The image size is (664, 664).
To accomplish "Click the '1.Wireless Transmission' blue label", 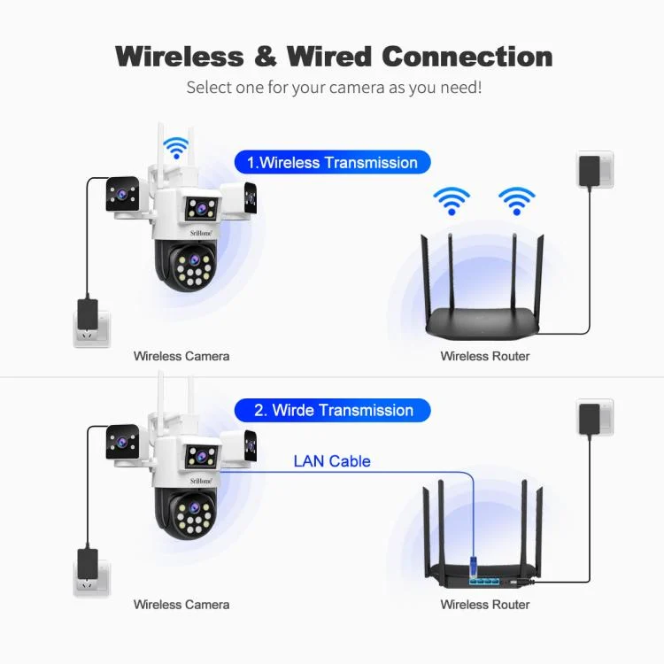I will (x=332, y=163).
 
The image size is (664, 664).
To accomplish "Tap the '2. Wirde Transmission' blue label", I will (x=332, y=411).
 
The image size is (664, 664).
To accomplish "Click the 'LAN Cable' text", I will (x=332, y=461).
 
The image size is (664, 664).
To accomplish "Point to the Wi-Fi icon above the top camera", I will (x=178, y=147).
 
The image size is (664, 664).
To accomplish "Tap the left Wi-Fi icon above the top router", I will (x=452, y=200).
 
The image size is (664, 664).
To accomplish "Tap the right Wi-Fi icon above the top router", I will (x=516, y=200).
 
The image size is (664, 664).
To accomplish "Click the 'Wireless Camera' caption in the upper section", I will (x=181, y=356).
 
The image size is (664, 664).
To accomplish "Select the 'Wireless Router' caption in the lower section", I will (x=485, y=605).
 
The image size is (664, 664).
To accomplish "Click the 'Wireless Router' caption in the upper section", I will (x=485, y=356).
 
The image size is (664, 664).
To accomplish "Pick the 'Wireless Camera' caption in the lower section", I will (x=181, y=605).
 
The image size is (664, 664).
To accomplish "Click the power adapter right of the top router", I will (x=590, y=170).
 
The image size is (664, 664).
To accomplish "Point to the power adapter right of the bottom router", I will (x=590, y=418).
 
